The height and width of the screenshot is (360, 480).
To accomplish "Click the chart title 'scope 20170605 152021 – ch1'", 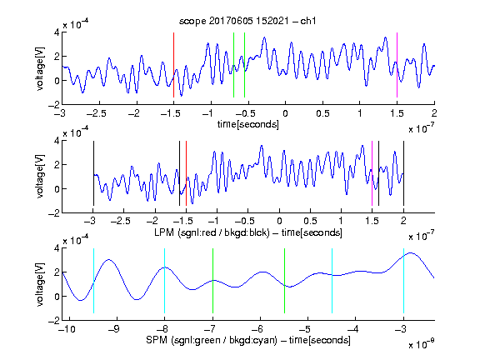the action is click(247, 21).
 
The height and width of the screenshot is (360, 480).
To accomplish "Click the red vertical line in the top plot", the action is click(173, 65).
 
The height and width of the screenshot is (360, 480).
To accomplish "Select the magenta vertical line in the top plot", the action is click(397, 65).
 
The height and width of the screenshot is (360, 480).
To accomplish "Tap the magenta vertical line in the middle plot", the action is click(372, 173).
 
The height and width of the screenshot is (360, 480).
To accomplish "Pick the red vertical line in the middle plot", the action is click(186, 173).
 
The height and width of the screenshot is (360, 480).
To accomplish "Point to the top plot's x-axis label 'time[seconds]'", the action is click(248, 124).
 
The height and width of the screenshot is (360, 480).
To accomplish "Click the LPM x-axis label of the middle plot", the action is click(248, 232).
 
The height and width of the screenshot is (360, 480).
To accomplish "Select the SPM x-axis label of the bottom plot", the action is click(248, 340).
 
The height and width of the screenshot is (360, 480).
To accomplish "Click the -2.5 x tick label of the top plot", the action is click(96, 113).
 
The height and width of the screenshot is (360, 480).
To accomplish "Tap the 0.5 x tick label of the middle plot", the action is click(310, 222).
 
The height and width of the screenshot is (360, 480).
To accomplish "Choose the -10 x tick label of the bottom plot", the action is click(67, 329).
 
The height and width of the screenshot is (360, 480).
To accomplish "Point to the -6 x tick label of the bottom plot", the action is click(257, 329).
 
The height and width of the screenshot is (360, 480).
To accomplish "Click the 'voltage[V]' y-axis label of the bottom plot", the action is click(40, 284).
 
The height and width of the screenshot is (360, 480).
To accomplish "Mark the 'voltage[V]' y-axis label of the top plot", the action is click(40, 68).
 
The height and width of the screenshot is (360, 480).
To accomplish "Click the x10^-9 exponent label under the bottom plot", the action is click(422, 344).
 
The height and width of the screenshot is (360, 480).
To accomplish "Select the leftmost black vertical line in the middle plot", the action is click(93, 173).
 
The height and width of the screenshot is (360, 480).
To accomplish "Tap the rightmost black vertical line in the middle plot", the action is click(403, 173).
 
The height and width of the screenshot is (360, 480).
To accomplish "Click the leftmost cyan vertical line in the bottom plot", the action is click(93, 281).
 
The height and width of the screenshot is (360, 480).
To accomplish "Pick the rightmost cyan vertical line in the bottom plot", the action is click(403, 281).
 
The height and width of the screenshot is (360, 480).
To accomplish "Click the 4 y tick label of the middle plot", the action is click(57, 141).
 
